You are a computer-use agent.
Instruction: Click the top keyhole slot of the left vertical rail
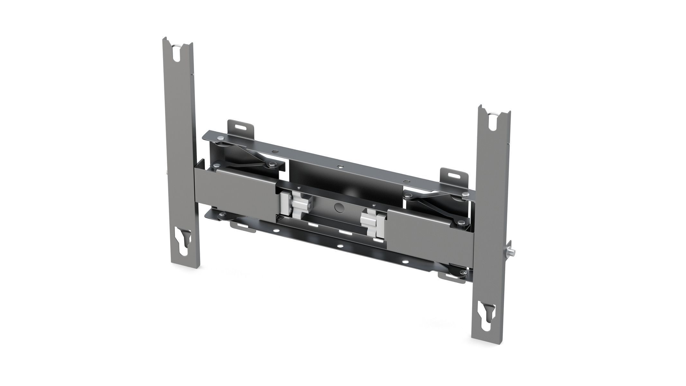click(178, 55)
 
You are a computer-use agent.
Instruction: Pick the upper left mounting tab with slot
click(240, 127)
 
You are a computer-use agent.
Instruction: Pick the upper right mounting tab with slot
click(454, 176)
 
